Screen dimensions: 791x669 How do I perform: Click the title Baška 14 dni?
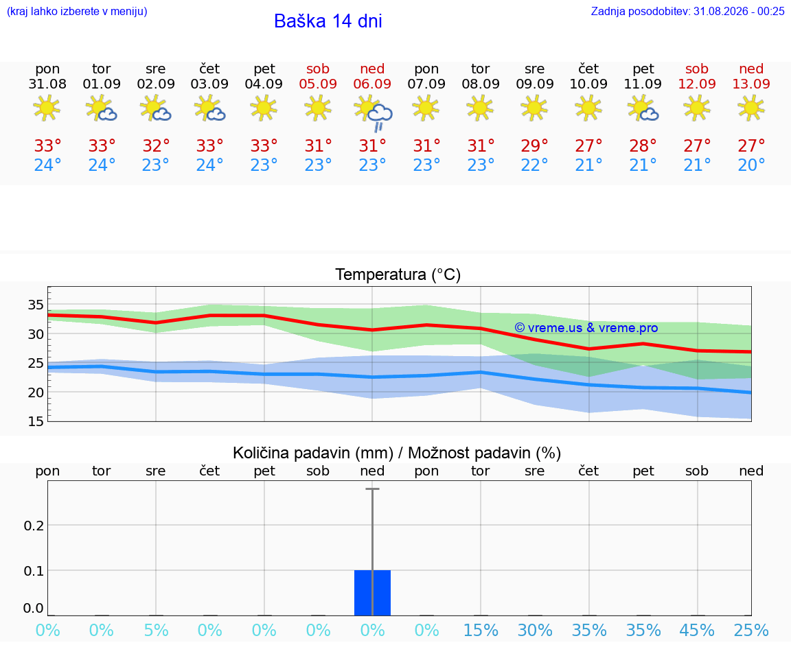(x=328, y=21)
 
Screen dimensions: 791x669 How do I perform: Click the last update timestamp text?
(x=687, y=12)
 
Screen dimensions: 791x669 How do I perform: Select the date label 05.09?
(x=318, y=84)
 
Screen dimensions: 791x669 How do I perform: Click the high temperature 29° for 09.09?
(x=534, y=145)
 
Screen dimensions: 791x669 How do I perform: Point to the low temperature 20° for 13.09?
(x=751, y=165)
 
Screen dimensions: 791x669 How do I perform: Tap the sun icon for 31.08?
(x=47, y=108)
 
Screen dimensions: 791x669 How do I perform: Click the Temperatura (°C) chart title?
(x=398, y=274)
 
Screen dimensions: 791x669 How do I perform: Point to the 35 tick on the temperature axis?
(x=36, y=305)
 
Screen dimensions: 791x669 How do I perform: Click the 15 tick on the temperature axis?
(x=36, y=421)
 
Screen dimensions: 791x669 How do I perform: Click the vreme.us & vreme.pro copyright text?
(x=586, y=328)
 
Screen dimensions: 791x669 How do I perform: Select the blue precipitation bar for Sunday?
(x=372, y=593)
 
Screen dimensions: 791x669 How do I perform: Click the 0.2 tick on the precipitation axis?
(x=34, y=526)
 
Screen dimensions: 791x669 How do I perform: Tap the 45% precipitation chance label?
(x=697, y=631)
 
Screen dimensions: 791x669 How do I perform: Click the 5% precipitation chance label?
(x=156, y=631)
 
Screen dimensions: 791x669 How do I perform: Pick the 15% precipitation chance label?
(x=481, y=631)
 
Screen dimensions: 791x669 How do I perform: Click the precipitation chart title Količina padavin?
(x=397, y=454)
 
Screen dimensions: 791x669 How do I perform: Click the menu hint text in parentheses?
(x=77, y=12)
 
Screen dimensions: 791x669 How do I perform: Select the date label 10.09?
(x=588, y=84)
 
